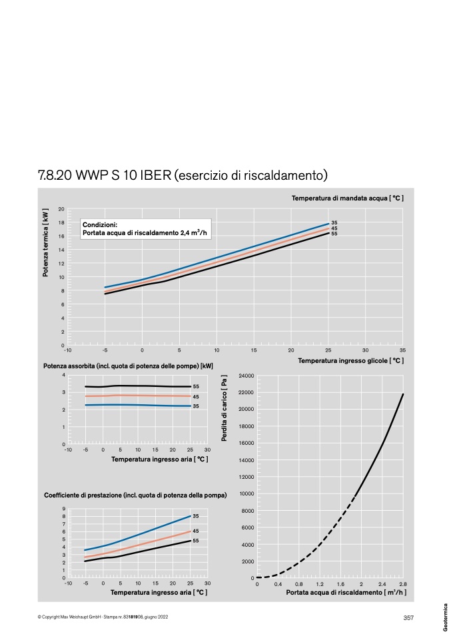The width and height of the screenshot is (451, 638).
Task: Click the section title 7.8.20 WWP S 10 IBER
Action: [x=105, y=175]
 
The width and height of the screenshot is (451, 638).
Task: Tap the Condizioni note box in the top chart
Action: [x=146, y=228]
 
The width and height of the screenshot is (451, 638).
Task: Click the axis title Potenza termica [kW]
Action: [x=45, y=243]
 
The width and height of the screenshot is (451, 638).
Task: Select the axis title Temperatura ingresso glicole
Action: [x=351, y=360]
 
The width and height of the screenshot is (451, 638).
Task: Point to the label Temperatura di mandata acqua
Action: [x=348, y=198]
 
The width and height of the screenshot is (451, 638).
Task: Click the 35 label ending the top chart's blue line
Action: [x=334, y=222]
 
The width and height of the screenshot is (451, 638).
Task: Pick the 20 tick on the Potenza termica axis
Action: [x=61, y=209]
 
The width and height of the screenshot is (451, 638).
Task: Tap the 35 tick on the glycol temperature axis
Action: [x=402, y=350]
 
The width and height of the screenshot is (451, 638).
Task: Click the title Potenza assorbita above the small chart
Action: [x=128, y=366]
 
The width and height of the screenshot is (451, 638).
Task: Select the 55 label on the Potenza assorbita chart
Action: [x=196, y=386]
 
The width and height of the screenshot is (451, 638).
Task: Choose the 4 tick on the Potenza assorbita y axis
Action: [x=63, y=375]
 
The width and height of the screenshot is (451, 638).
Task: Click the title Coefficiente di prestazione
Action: [x=135, y=495]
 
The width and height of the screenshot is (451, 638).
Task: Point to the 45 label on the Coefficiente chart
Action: [x=196, y=531]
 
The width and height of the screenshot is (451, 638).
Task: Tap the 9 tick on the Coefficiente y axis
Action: [x=63, y=509]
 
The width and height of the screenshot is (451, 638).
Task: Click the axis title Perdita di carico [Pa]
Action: [x=224, y=408]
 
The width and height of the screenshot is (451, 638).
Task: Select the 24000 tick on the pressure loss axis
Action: [x=246, y=376]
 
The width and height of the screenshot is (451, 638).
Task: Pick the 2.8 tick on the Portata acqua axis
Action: [x=403, y=584]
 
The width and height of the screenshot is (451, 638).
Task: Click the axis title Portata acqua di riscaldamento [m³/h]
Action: [x=346, y=592]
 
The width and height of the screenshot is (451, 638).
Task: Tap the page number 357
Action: [x=408, y=617]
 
